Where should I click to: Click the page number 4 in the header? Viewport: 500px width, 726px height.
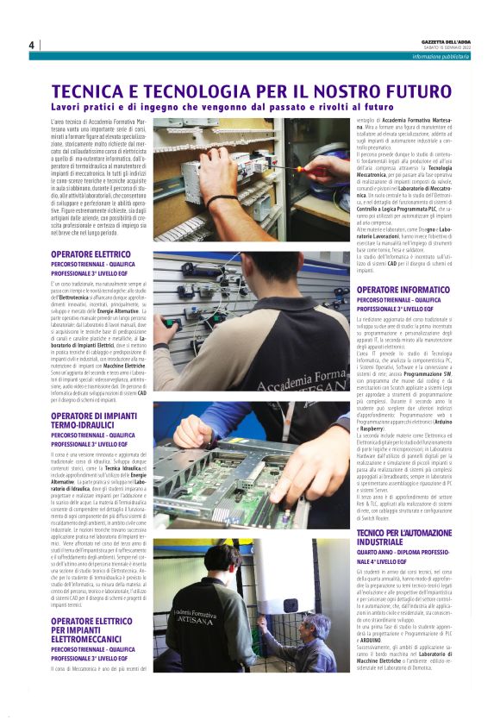point(31,45)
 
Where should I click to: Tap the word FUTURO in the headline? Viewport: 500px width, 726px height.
point(410,92)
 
